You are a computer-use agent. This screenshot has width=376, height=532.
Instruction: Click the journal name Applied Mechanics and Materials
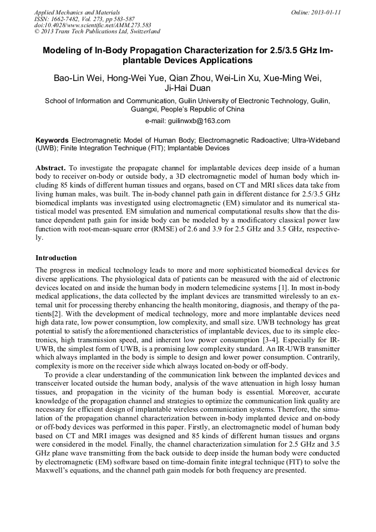(x=77, y=12)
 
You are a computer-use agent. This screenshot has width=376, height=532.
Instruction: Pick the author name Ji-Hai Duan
(x=187, y=88)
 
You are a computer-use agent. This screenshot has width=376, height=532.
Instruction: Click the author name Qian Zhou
(x=186, y=77)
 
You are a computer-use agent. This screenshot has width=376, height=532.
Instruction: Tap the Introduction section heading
(x=56, y=258)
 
